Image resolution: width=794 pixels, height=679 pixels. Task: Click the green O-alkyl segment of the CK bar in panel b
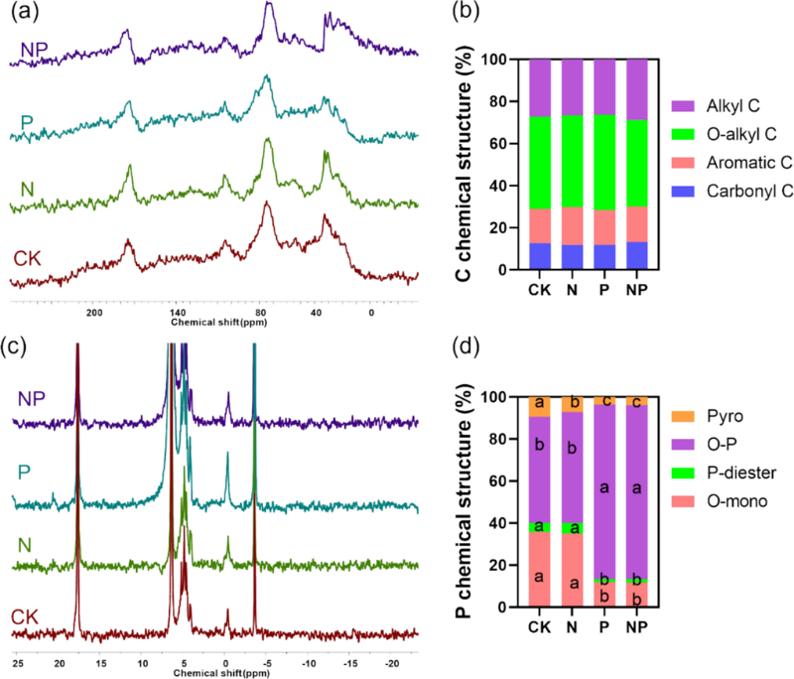(540, 163)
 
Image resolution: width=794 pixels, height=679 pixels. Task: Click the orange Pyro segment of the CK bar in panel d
(540, 406)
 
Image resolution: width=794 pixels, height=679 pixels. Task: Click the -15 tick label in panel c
(350, 658)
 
